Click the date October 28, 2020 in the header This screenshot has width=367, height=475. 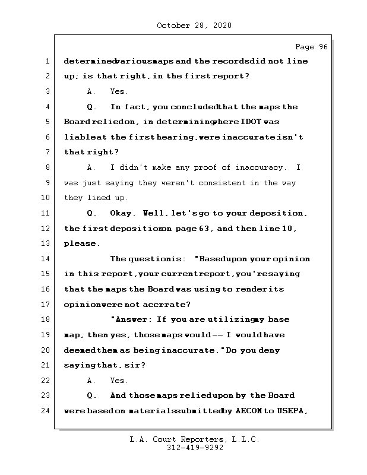tap(194, 26)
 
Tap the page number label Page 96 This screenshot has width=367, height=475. tap(311, 47)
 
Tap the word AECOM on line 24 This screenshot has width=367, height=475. tap(252, 410)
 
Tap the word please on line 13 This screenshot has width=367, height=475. tap(81, 243)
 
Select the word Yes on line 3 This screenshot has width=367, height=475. tap(119, 91)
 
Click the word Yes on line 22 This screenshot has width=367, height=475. tap(119, 380)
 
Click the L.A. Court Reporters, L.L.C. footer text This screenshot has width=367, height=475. tap(195, 439)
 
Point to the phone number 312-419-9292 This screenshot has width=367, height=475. tap(195, 448)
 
